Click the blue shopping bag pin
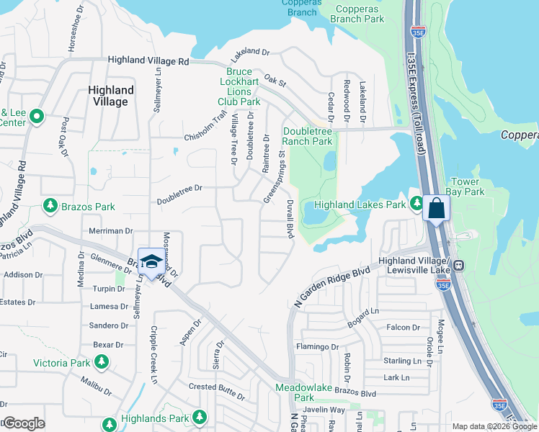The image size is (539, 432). pyautogui.click(x=436, y=210)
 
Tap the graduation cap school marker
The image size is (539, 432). pyautogui.click(x=151, y=262)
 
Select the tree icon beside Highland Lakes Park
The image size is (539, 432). pyautogui.click(x=416, y=204)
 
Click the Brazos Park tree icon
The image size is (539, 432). pyautogui.click(x=50, y=207)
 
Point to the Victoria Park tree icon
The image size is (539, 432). pyautogui.click(x=102, y=362)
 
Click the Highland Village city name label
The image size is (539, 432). pyautogui.click(x=110, y=96)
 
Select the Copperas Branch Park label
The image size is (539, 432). pyautogui.click(x=357, y=14)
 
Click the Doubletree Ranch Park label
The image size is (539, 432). pyautogui.click(x=307, y=136)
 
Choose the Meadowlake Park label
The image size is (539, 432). pyautogui.click(x=304, y=392)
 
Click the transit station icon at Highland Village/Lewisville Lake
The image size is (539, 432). pyautogui.click(x=458, y=265)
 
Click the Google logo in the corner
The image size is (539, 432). pyautogui.click(x=23, y=423)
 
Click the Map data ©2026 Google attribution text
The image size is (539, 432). pyautogui.click(x=494, y=426)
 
